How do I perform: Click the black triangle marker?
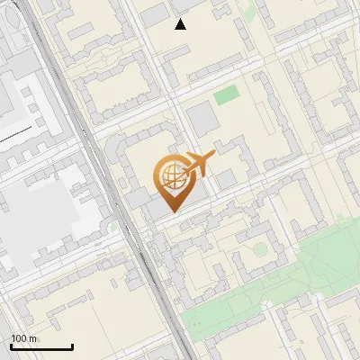click(181, 24)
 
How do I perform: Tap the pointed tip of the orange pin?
click(169, 212)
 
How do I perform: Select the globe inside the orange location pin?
click(169, 177)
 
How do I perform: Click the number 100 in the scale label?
click(20, 338)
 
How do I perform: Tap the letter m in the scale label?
click(32, 338)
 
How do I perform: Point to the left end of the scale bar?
click(11, 347)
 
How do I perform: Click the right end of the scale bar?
click(73, 347)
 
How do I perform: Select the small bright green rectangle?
click(227, 94)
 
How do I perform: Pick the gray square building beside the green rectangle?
click(202, 118)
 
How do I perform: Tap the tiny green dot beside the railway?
click(112, 229)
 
